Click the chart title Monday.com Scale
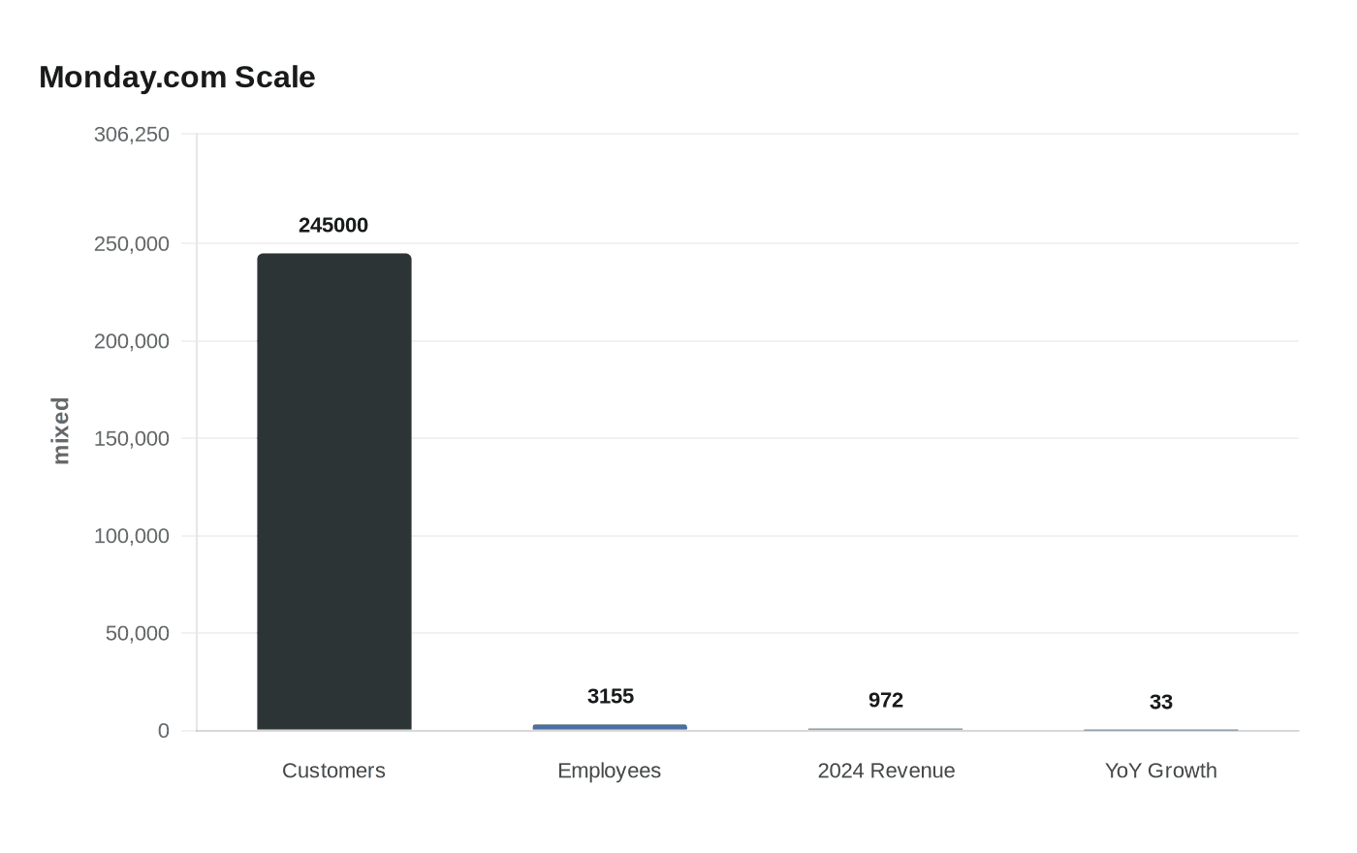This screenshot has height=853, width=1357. coord(177,78)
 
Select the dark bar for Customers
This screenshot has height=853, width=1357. coord(333,491)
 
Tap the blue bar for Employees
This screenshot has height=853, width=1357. coord(610,727)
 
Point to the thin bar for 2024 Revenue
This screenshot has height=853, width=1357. coord(885,729)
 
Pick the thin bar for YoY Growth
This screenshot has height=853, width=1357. coord(1160,730)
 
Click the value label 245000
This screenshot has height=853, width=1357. coord(333,225)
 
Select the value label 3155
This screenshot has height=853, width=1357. coord(610,696)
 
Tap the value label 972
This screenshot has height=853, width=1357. coord(885,700)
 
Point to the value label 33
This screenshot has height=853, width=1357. coord(1160,702)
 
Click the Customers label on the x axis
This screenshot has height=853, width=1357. coord(333,771)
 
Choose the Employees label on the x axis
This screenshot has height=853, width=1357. coord(610,771)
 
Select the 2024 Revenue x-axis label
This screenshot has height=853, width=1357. coord(885,771)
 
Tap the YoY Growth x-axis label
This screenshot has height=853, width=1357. coord(1160,771)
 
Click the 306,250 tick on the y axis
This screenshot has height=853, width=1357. coord(132,135)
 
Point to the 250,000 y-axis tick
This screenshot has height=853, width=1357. coord(132,243)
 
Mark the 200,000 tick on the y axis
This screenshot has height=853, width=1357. coord(132,341)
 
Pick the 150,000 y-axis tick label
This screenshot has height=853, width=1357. coord(132,438)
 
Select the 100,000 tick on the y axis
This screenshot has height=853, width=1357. coord(132,536)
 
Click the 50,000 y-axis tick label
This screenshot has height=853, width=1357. coord(138,633)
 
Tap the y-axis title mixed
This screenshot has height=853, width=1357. coord(61,430)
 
